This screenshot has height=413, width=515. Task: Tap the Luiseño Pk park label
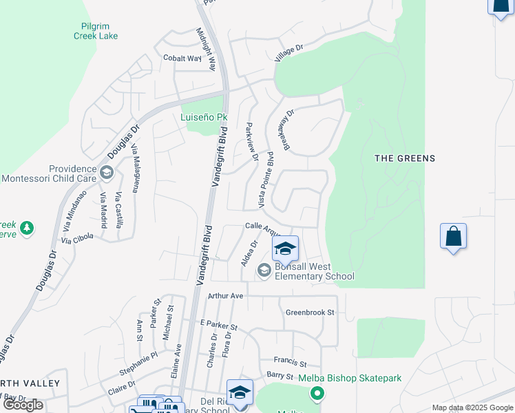click(204, 117)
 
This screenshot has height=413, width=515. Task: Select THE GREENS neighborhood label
click(405, 158)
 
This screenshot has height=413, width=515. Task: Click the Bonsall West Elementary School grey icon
click(264, 271)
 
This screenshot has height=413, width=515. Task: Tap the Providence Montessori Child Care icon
click(106, 173)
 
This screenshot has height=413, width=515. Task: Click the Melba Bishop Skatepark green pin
click(317, 394)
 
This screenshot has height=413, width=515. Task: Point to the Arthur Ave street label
click(226, 296)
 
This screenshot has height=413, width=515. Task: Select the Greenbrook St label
click(310, 313)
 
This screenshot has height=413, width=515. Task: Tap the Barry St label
click(280, 376)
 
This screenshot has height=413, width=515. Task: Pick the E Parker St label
click(218, 324)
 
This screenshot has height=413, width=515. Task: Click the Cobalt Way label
click(182, 59)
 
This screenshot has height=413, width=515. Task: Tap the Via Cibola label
click(76, 240)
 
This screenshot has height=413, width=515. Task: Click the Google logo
click(23, 405)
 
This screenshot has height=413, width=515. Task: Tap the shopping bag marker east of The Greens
click(453, 237)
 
